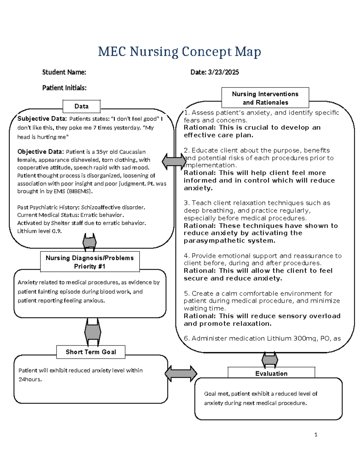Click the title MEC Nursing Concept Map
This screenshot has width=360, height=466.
(x=179, y=52)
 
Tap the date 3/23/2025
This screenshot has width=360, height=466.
(x=223, y=72)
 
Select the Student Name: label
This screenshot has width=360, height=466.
(x=64, y=72)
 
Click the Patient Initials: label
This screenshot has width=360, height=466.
(x=64, y=88)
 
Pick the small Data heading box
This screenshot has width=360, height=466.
(x=81, y=106)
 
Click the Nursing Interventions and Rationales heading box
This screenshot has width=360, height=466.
(x=265, y=98)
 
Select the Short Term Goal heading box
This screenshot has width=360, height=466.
(x=91, y=352)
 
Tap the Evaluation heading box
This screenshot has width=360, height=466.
(x=271, y=373)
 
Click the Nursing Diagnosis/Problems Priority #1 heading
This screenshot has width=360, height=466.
(x=89, y=262)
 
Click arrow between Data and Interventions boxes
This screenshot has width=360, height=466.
(x=174, y=161)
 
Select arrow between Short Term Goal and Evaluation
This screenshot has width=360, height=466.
(x=181, y=374)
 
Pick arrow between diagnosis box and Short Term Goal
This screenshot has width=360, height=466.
(x=93, y=332)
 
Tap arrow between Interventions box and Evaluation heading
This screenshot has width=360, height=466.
(x=270, y=359)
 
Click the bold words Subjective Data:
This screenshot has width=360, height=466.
(x=42, y=119)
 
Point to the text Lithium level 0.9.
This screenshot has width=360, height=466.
(x=39, y=231)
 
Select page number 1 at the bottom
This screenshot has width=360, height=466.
(x=316, y=434)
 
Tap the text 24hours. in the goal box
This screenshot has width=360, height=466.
(x=30, y=379)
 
